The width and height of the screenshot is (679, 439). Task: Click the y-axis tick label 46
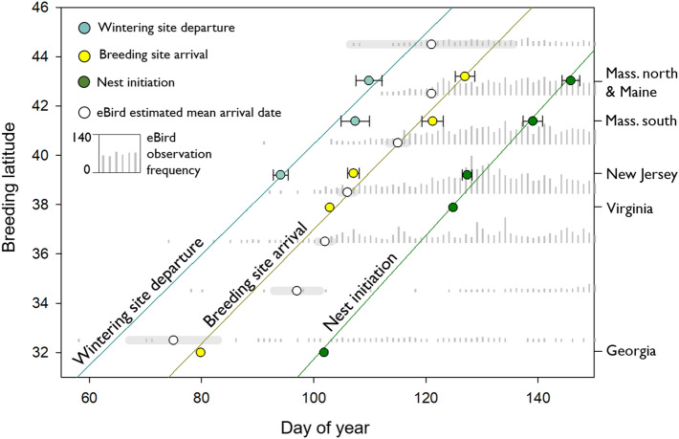(x=41, y=7)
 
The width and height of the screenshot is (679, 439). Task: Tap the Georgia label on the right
(x=629, y=352)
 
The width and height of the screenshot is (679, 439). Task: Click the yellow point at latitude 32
(x=201, y=352)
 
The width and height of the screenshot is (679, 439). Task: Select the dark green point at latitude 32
(x=323, y=352)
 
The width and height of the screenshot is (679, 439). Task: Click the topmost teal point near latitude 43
(x=369, y=80)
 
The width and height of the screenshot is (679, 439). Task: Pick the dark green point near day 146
(x=570, y=80)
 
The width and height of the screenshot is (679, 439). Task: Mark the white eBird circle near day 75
(x=173, y=340)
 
